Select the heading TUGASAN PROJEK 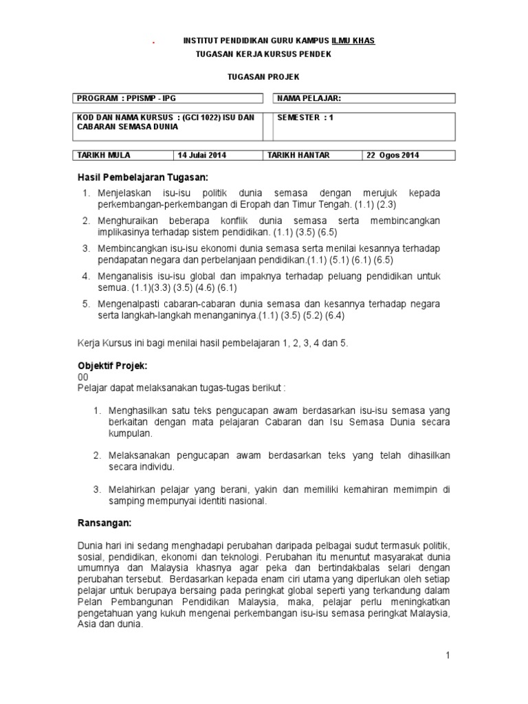coord(264,78)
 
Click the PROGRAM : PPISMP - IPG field coord(126,98)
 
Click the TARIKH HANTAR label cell coord(299,155)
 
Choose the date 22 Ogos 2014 coord(393,155)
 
